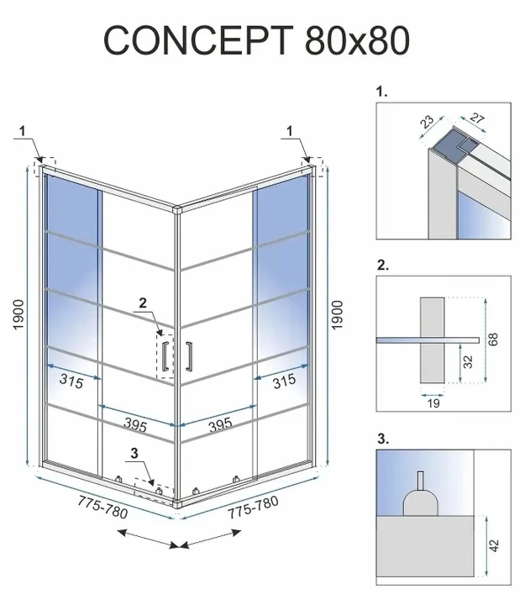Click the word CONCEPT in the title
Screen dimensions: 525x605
click(x=198, y=39)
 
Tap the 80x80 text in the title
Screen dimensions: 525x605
click(x=357, y=40)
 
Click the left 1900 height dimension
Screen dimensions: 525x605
click(x=19, y=314)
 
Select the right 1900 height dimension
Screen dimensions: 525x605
click(x=337, y=315)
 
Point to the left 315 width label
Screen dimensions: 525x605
click(x=71, y=381)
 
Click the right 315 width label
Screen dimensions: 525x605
click(x=284, y=381)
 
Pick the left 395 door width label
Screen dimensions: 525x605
click(x=135, y=425)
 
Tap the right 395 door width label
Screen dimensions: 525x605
click(x=220, y=424)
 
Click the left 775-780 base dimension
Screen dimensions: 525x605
click(x=102, y=507)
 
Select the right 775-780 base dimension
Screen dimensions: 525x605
click(x=253, y=507)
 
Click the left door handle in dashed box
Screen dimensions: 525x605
click(x=165, y=356)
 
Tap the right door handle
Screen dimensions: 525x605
click(x=189, y=356)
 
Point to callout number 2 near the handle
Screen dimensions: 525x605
click(x=143, y=302)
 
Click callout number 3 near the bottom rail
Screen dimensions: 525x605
click(x=134, y=453)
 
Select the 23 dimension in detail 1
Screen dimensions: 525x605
click(x=427, y=122)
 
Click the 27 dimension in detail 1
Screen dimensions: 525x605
click(x=477, y=118)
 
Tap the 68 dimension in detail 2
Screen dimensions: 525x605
click(x=493, y=339)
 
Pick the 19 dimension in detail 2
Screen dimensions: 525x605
click(x=433, y=403)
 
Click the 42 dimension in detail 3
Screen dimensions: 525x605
click(x=494, y=545)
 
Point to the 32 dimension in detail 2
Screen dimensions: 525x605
click(x=468, y=361)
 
